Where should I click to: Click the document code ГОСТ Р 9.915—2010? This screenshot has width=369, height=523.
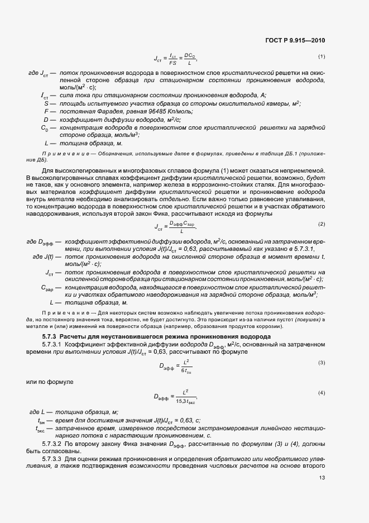pyautogui.click(x=296, y=40)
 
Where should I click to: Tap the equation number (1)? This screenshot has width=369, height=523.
pyautogui.click(x=322, y=56)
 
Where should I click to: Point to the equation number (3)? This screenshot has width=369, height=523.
pyautogui.click(x=322, y=362)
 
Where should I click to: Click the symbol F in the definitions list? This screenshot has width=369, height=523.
pyautogui.click(x=45, y=111)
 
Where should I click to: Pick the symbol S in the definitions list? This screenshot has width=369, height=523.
pyautogui.click(x=45, y=103)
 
